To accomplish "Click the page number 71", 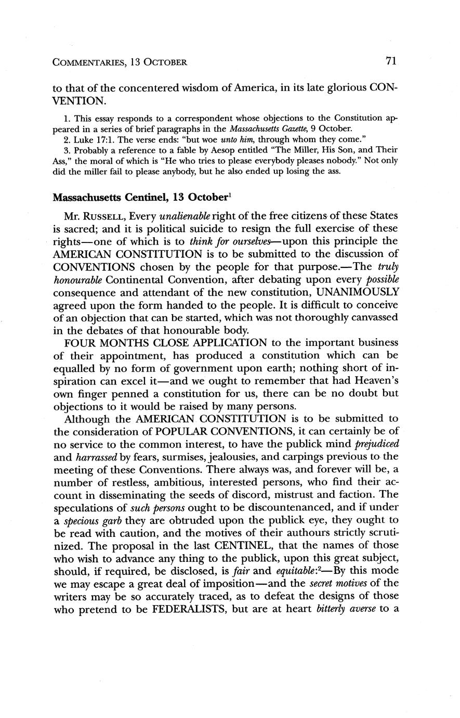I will click(x=391, y=61).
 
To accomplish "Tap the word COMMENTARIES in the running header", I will click(x=88, y=62).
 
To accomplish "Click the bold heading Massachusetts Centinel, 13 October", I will click(x=141, y=198).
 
